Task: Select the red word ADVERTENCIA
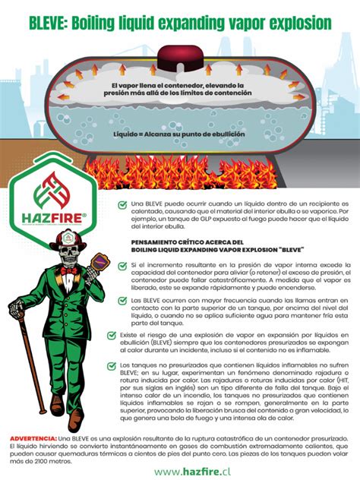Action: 33,439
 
